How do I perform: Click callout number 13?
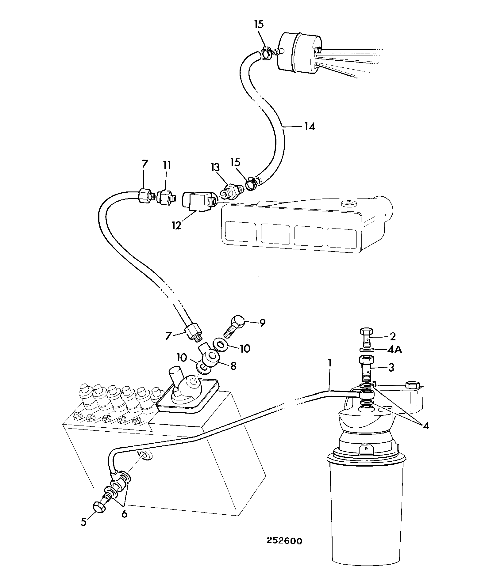coord(215,168)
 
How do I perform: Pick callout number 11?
coord(167,165)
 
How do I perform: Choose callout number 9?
coord(262,323)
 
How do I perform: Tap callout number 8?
coord(233,366)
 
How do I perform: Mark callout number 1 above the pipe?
coord(330,363)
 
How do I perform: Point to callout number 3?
coord(391,367)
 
